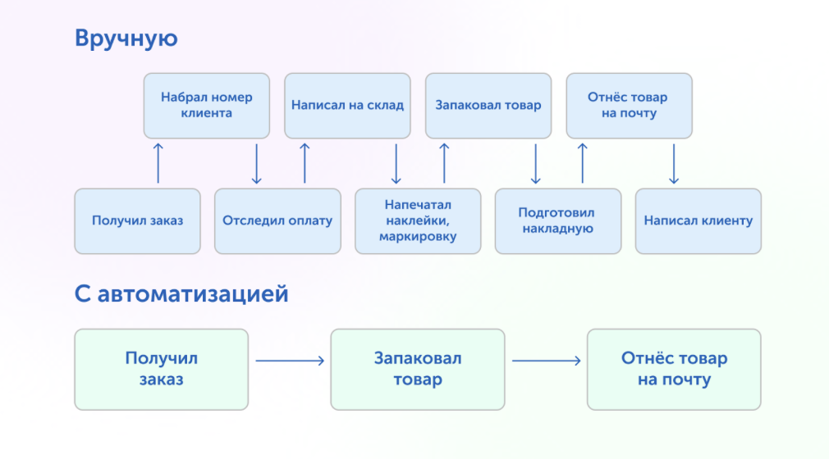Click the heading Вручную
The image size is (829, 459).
click(126, 39)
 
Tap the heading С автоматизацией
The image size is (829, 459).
click(181, 293)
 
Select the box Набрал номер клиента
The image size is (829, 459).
click(207, 106)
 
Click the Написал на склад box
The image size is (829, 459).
click(347, 106)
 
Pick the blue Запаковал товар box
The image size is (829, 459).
click(488, 106)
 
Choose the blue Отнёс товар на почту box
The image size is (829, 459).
click(630, 106)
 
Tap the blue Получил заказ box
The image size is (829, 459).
click(137, 221)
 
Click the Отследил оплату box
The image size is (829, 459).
click(277, 221)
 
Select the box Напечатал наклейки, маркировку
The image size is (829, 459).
click(418, 221)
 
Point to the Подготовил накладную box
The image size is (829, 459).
click(558, 221)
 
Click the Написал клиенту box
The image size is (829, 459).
click(698, 221)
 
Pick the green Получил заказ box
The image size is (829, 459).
click(161, 370)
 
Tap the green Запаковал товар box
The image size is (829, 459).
click(418, 370)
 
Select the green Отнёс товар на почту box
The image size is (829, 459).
click(674, 370)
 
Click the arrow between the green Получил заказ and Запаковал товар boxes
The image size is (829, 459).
click(290, 361)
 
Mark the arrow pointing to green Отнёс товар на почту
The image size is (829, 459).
click(546, 361)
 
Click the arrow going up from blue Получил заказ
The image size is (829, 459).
click(158, 163)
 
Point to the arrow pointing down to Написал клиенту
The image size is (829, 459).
click(674, 164)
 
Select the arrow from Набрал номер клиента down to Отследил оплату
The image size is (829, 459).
click(256, 164)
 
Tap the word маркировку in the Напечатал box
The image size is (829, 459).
click(418, 237)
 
